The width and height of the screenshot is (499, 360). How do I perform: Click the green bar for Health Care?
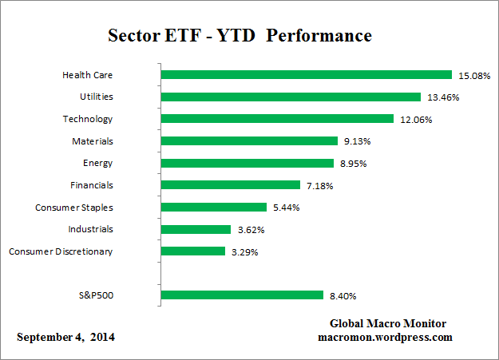(306, 75)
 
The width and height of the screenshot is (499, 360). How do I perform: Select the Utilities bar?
(291, 97)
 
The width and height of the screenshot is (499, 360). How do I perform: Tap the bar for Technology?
(277, 119)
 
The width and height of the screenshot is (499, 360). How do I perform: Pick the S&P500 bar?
(241, 295)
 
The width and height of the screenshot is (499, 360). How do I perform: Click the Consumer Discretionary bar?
(192, 251)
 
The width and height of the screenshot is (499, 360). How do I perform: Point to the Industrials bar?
(196, 229)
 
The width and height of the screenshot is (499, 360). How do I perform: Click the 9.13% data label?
(358, 141)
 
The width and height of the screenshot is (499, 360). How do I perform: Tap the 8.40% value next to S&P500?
(342, 295)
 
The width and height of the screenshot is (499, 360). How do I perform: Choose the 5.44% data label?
(286, 208)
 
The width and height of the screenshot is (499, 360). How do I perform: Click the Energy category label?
(99, 163)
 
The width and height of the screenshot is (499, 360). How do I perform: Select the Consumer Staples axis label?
(73, 208)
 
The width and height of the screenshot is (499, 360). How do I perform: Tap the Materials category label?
(92, 141)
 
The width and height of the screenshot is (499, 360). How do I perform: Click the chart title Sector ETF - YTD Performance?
(240, 37)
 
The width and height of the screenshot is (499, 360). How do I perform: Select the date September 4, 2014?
(65, 337)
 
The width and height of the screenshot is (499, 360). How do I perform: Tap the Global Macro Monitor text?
(388, 323)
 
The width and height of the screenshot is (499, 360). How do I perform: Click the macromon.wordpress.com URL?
(386, 337)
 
